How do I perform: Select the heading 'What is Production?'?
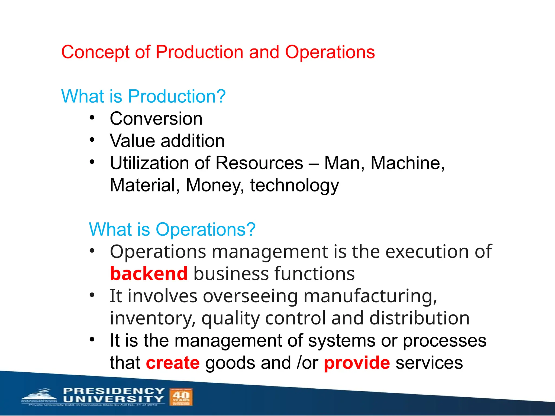pyautogui.click(x=143, y=96)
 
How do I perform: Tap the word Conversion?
pyautogui.click(x=156, y=119)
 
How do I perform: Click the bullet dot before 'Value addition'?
pyautogui.click(x=92, y=140)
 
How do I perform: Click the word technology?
pyautogui.click(x=294, y=186)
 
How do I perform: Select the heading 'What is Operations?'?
pyautogui.click(x=172, y=229)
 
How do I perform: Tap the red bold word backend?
pyautogui.click(x=149, y=274)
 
